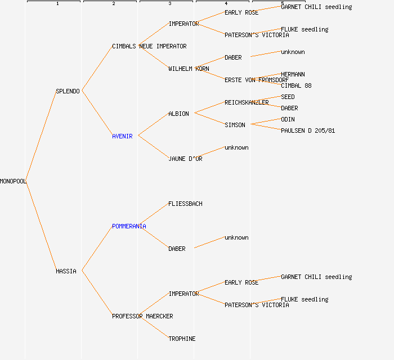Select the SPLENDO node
click(x=68, y=91)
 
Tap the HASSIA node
click(x=66, y=271)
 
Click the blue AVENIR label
click(x=122, y=136)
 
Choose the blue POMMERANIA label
click(x=129, y=226)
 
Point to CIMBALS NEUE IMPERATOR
click(x=149, y=46)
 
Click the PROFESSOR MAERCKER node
click(x=142, y=316)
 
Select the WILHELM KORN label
click(x=189, y=69)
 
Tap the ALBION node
click(x=178, y=114)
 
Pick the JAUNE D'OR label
click(x=185, y=159)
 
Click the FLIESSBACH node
click(x=185, y=204)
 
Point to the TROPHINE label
click(x=182, y=339)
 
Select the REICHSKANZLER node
click(x=247, y=102)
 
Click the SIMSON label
click(x=235, y=125)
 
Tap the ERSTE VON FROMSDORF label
click(x=257, y=80)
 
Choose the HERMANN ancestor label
click(x=293, y=74)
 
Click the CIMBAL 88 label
click(x=296, y=85)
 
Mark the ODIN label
click(x=288, y=119)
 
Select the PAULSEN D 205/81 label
click(x=308, y=130)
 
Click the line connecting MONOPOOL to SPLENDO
click(x=41, y=136)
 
